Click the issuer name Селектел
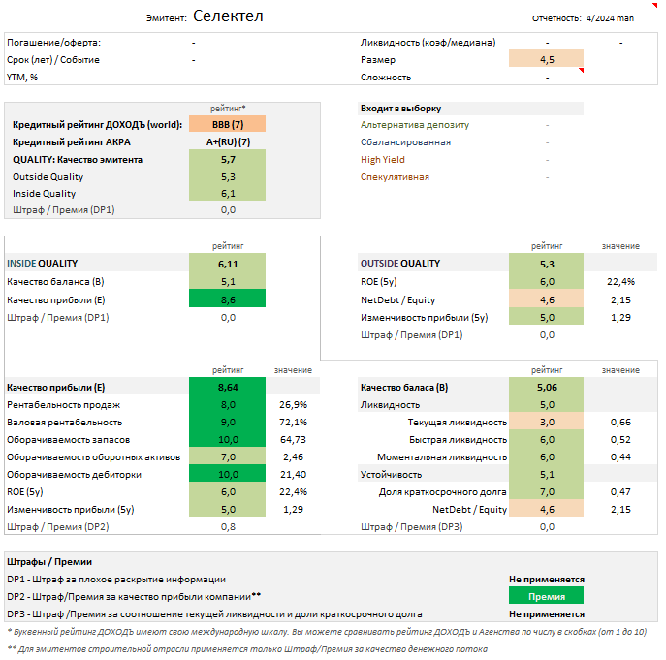(228, 16)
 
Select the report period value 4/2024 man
(610, 17)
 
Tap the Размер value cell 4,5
(547, 60)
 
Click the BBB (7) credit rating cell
(228, 124)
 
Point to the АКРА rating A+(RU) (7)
(228, 141)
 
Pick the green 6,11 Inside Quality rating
(228, 264)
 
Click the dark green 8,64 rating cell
(228, 388)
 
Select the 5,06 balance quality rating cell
(547, 388)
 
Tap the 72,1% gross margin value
(293, 423)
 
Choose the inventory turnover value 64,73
(293, 440)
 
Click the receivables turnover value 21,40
(293, 474)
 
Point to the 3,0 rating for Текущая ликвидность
(547, 423)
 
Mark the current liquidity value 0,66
(620, 423)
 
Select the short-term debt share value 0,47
(620, 492)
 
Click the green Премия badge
(547, 597)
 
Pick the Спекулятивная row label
(395, 177)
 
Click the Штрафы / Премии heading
(49, 562)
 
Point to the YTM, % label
(28, 78)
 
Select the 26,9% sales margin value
(293, 404)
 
